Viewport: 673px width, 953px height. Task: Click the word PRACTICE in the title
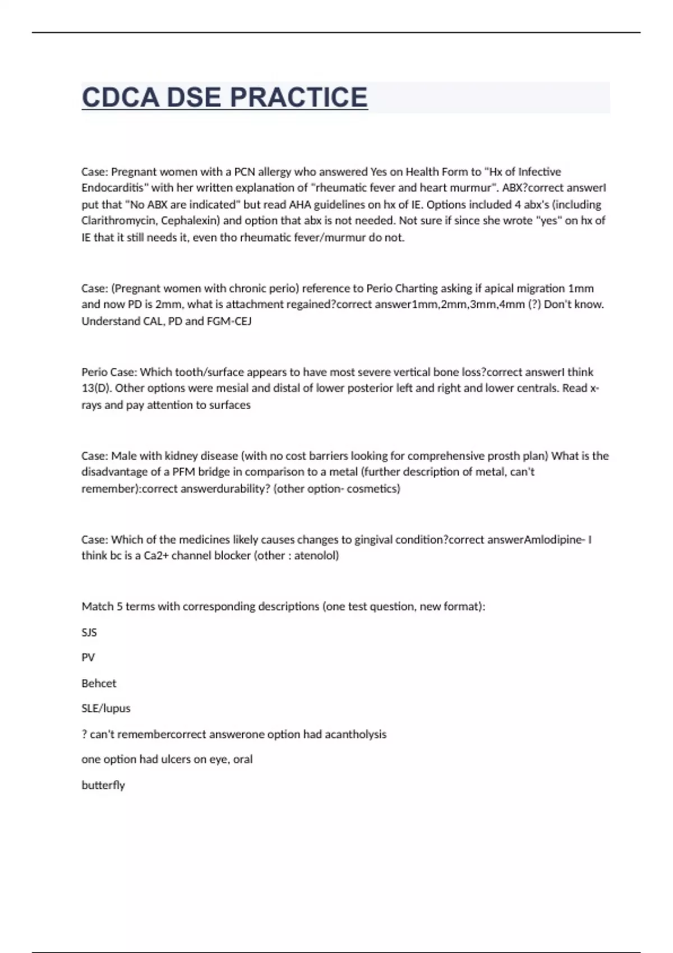pyautogui.click(x=299, y=98)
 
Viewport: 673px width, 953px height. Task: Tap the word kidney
pyautogui.click(x=182, y=455)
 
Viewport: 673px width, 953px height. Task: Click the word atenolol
pyautogui.click(x=316, y=556)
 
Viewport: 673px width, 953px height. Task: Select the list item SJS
pyautogui.click(x=89, y=632)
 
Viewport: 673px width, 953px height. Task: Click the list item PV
pyautogui.click(x=88, y=657)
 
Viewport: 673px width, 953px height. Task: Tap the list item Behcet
pyautogui.click(x=99, y=683)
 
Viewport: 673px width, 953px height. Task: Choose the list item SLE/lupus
pyautogui.click(x=106, y=708)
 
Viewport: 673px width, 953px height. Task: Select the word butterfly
pyautogui.click(x=103, y=785)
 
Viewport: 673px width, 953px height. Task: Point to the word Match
pyautogui.click(x=97, y=607)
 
